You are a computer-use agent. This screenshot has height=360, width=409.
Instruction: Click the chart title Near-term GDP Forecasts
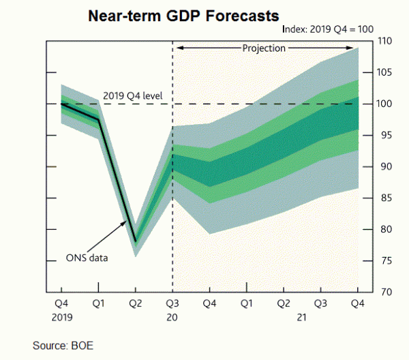point(182,14)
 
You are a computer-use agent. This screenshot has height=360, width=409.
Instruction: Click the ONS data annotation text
point(87,258)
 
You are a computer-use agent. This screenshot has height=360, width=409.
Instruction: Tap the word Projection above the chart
point(264,48)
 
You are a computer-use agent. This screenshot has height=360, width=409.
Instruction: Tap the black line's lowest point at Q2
point(136,241)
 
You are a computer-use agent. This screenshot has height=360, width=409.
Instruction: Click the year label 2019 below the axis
point(61,316)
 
